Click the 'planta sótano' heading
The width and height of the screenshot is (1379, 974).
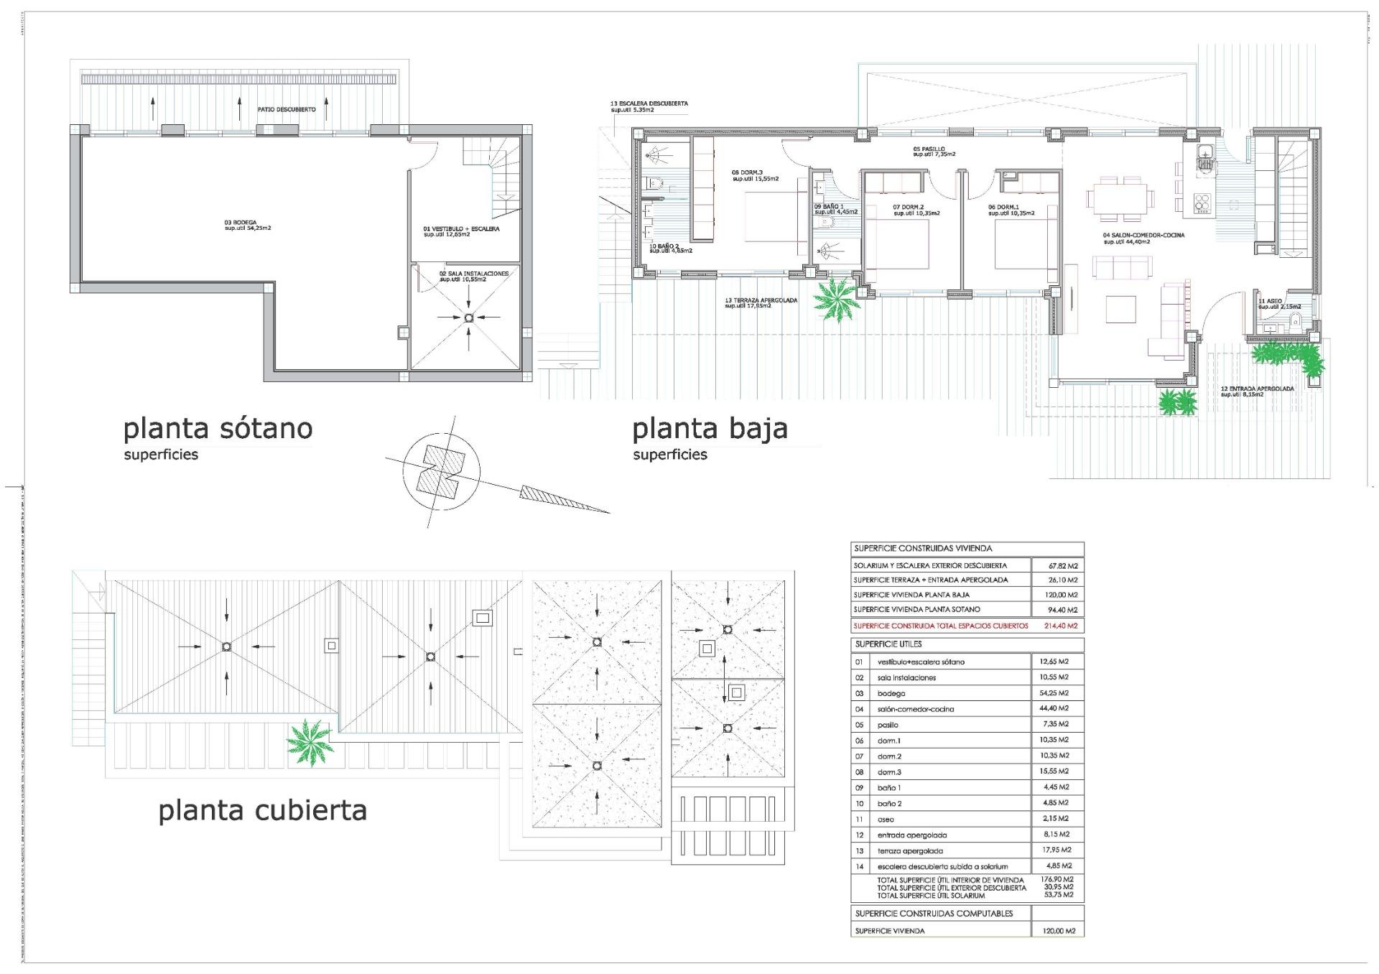pyautogui.click(x=218, y=429)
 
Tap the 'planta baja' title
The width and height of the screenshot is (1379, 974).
pyautogui.click(x=710, y=429)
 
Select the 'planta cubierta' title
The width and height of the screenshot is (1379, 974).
pyautogui.click(x=262, y=810)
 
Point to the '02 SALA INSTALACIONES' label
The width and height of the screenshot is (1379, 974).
pyautogui.click(x=473, y=274)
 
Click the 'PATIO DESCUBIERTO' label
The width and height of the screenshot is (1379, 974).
pyautogui.click(x=287, y=110)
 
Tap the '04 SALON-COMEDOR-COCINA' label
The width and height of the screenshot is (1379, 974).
pyautogui.click(x=1143, y=236)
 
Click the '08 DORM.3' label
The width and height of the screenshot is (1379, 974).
pyautogui.click(x=747, y=172)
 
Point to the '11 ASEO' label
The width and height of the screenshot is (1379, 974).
pyautogui.click(x=1270, y=301)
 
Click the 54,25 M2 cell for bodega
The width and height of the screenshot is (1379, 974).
pyautogui.click(x=1054, y=693)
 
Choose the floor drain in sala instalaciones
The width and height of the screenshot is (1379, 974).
pyautogui.click(x=468, y=317)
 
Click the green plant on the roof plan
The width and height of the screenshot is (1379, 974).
pyautogui.click(x=310, y=742)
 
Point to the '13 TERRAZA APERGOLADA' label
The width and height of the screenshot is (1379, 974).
pyautogui.click(x=761, y=301)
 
